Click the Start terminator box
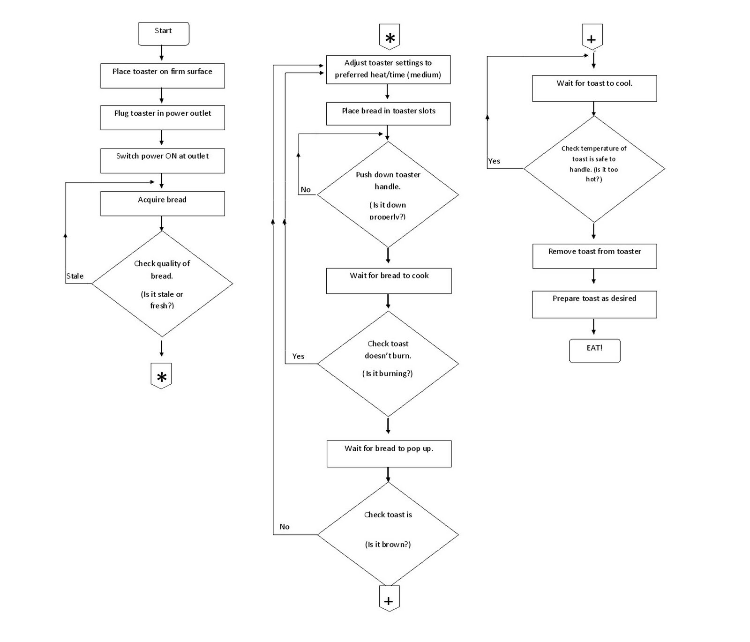(163, 34)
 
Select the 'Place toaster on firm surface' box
(162, 75)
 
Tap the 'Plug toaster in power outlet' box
(162, 117)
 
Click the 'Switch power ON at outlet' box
(162, 160)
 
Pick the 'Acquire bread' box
(162, 203)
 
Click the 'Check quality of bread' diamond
(162, 284)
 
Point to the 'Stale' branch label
(75, 276)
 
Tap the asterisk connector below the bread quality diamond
(161, 376)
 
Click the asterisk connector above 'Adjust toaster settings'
(390, 37)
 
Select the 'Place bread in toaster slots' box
(388, 114)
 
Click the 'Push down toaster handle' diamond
(388, 194)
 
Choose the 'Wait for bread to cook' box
(389, 281)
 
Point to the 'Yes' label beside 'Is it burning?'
(298, 356)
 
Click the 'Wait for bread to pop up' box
(389, 453)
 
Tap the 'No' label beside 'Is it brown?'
(285, 527)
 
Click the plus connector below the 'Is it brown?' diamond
(389, 599)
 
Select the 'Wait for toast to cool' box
(594, 88)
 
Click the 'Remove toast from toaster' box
(594, 256)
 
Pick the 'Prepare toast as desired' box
(594, 304)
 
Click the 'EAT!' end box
(594, 351)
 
